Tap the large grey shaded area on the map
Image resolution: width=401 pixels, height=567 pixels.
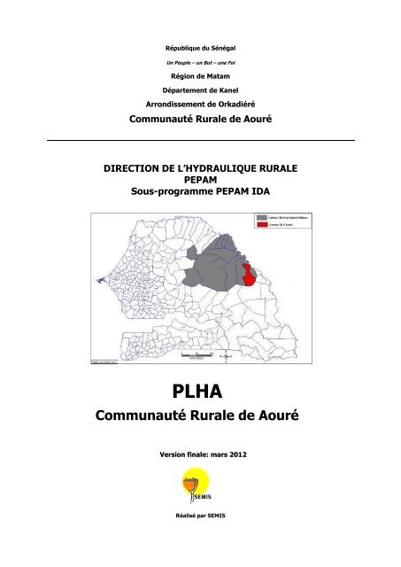point(208,266)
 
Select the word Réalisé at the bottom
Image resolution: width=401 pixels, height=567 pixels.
point(184,540)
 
